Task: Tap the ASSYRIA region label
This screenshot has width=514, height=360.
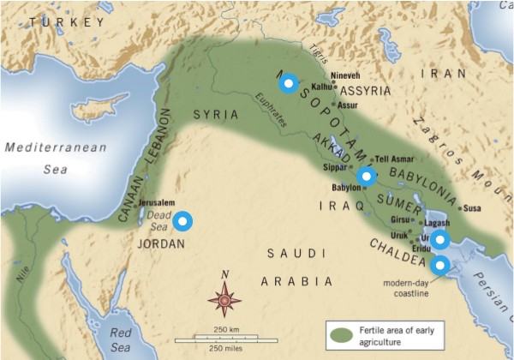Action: coord(366,90)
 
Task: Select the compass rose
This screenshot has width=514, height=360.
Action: coord(224,299)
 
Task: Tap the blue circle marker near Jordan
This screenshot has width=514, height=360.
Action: coord(182,221)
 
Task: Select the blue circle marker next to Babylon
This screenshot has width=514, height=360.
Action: coord(367,176)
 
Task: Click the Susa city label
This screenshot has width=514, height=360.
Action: coord(472,208)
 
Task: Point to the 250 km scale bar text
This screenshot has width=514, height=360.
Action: coord(226,330)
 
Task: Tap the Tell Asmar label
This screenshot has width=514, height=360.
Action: coord(395,160)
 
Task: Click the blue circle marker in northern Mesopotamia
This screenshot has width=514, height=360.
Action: coord(289,83)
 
